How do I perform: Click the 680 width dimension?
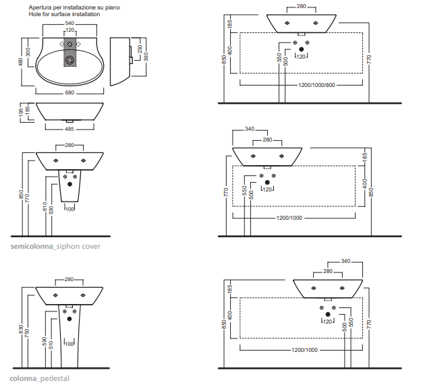click(x=69, y=92)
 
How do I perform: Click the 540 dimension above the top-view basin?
click(x=69, y=24)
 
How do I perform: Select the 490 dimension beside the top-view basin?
click(x=21, y=61)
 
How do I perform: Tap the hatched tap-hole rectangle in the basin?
click(x=69, y=54)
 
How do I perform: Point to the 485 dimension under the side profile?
click(x=69, y=128)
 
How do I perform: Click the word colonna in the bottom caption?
click(x=23, y=379)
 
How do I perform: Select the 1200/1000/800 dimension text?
click(x=316, y=86)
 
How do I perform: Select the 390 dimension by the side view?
click(x=146, y=57)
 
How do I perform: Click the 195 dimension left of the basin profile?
click(x=21, y=111)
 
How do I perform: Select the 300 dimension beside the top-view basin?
click(x=28, y=51)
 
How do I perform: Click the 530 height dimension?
click(x=52, y=210)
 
